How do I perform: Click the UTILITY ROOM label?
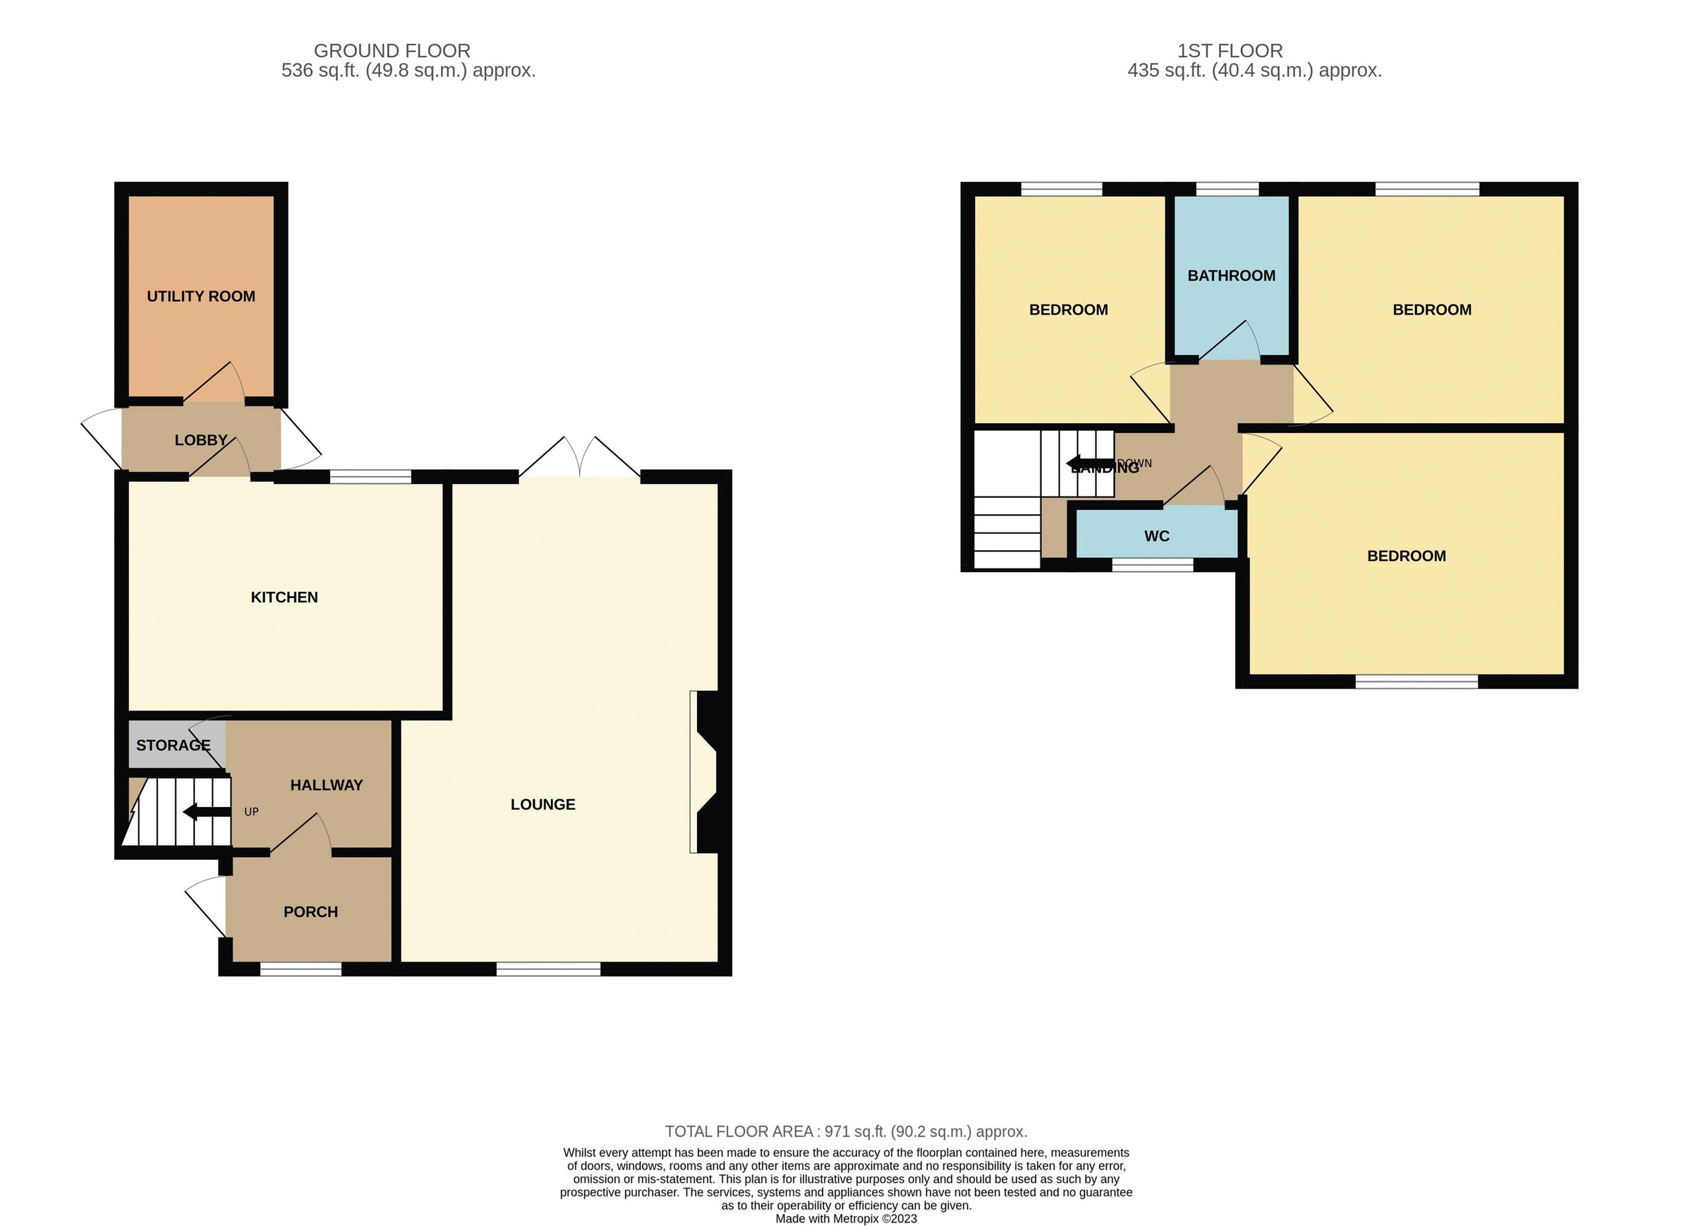point(201,296)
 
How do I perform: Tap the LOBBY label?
point(200,440)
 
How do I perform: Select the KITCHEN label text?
point(284,597)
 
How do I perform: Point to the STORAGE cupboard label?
point(174,745)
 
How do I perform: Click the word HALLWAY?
point(326,784)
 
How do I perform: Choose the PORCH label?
point(310,911)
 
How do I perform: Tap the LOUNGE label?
point(542,804)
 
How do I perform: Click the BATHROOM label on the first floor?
point(1231,276)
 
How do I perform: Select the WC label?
point(1156,536)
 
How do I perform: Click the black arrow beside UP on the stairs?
point(206,812)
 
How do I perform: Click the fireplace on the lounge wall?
point(705,771)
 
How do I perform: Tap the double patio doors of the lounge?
point(579,459)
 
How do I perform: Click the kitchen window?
point(370,476)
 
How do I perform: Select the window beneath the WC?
point(1153,566)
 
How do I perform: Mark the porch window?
point(300,969)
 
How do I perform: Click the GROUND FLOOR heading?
point(392,51)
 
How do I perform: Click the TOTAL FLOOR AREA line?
point(846,1131)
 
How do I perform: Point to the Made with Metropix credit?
point(846,1218)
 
